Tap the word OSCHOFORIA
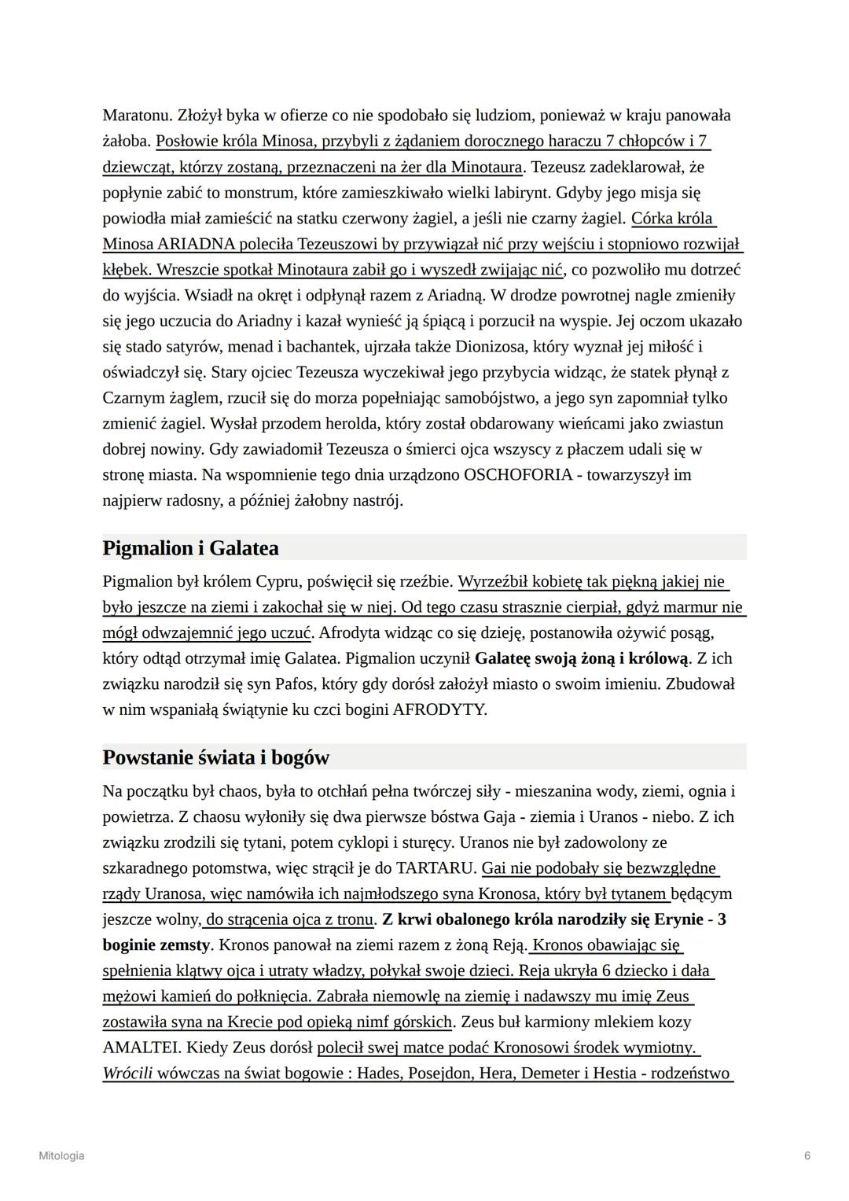click(x=518, y=475)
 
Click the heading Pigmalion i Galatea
click(x=190, y=547)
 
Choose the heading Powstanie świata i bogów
click(x=215, y=757)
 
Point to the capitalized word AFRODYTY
click(x=439, y=709)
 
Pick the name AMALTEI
click(x=141, y=1048)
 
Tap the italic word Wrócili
click(x=127, y=1074)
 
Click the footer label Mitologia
click(x=61, y=1155)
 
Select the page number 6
click(x=807, y=1155)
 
